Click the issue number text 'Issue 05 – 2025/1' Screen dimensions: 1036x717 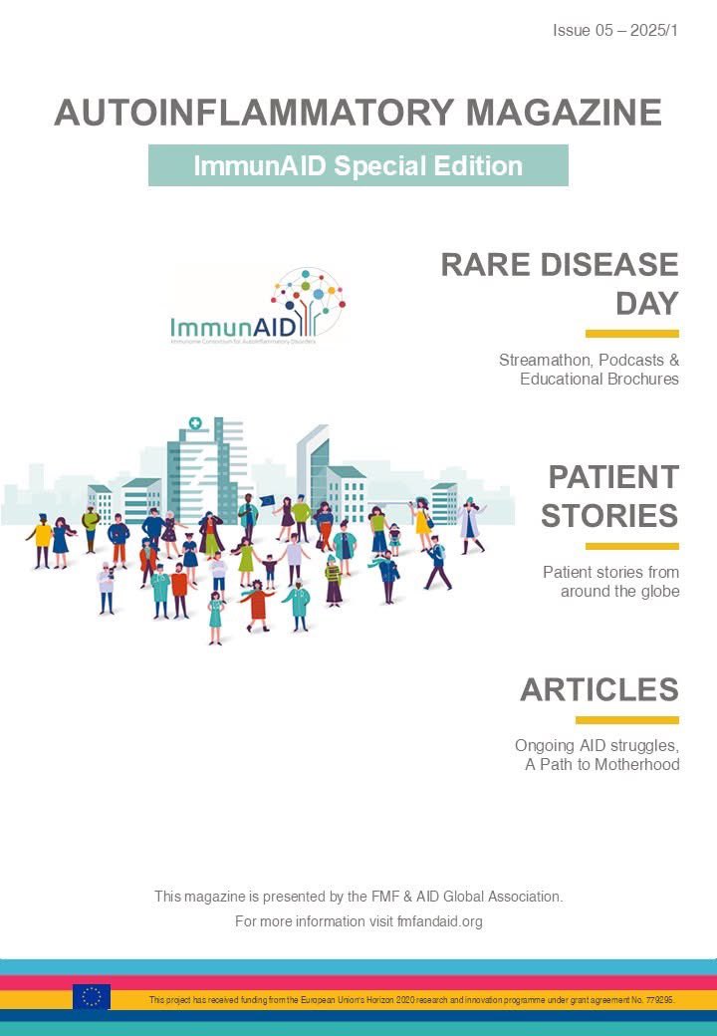[x=614, y=31]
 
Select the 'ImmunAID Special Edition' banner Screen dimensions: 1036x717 [x=358, y=165]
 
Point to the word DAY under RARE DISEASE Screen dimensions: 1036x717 [x=646, y=303]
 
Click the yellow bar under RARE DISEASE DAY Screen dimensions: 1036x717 [x=631, y=334]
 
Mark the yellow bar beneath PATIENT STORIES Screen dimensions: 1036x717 [x=631, y=546]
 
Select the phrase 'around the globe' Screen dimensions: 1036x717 [x=619, y=591]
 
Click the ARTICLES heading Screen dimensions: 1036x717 [x=598, y=689]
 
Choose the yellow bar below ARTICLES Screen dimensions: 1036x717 [x=626, y=719]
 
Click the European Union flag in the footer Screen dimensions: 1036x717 [x=92, y=997]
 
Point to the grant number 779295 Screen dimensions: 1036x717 [x=659, y=998]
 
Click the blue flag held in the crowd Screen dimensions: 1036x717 [x=267, y=501]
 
